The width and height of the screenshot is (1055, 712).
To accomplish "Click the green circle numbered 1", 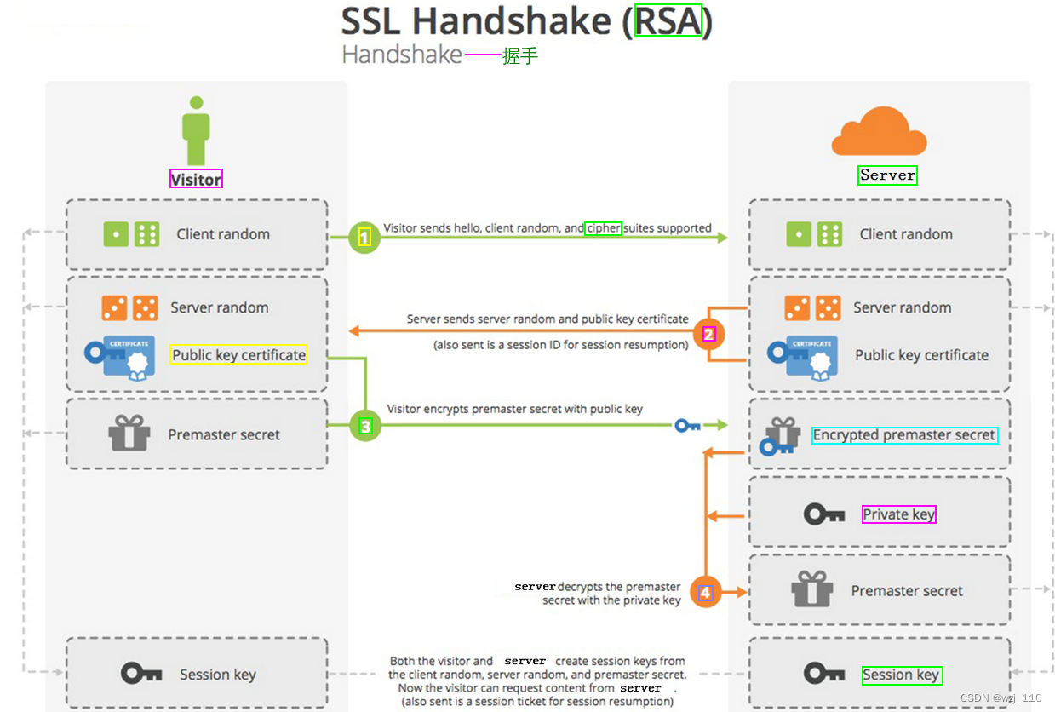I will coord(364,238).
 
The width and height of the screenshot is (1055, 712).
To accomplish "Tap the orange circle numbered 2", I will coord(708,334).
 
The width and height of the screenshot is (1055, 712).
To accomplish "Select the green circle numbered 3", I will coord(365,426).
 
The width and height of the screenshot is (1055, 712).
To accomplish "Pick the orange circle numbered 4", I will coord(706,592).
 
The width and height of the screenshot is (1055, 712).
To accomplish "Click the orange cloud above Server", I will coord(878,133).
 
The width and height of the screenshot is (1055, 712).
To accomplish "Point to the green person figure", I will coord(196,129).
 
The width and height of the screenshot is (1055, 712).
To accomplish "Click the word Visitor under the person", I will coord(196,179).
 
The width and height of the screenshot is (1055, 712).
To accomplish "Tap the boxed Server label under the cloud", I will coord(887,175).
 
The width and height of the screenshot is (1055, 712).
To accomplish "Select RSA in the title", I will coord(668,21).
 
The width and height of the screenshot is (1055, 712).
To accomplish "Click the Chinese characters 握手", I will coord(520,56).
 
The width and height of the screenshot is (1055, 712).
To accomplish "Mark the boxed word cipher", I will coord(603,228).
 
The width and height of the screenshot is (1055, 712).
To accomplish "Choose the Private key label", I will coord(898,514).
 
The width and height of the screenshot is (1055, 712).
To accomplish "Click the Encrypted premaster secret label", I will coord(903,435).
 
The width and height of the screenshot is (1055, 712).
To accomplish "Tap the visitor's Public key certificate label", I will coord(238,355).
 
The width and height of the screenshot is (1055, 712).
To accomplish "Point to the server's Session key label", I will coord(901,675).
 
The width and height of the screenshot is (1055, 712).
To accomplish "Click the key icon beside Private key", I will coord(823,514).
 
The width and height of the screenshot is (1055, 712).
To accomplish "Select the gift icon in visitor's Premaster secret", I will coord(129,434).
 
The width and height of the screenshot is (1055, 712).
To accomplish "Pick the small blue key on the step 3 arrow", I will coord(687,425).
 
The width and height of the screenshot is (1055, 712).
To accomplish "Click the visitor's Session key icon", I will coord(141,674).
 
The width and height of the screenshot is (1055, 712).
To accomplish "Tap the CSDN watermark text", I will coord(1001,698).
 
